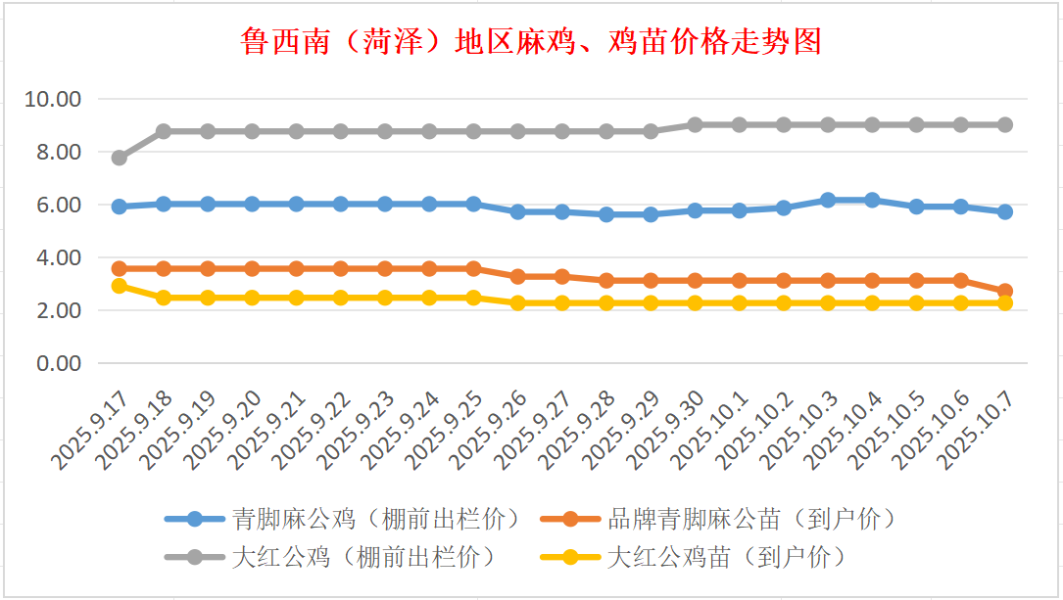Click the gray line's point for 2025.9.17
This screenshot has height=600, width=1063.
pyautogui.click(x=120, y=158)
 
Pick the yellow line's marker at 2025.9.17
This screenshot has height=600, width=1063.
pyautogui.click(x=120, y=286)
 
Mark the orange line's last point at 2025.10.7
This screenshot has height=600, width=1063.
pyautogui.click(x=1005, y=291)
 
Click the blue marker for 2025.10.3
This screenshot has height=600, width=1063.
pyautogui.click(x=828, y=200)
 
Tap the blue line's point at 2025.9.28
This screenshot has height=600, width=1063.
pyautogui.click(x=606, y=214)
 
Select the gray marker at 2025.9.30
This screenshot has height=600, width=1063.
pyautogui.click(x=695, y=124)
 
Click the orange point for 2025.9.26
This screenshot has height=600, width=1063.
pyautogui.click(x=518, y=277)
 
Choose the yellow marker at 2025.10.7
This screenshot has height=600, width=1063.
pyautogui.click(x=1005, y=303)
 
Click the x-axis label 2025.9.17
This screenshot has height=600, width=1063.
pyautogui.click(x=94, y=432)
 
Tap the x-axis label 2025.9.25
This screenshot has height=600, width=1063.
pyautogui.click(x=449, y=432)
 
